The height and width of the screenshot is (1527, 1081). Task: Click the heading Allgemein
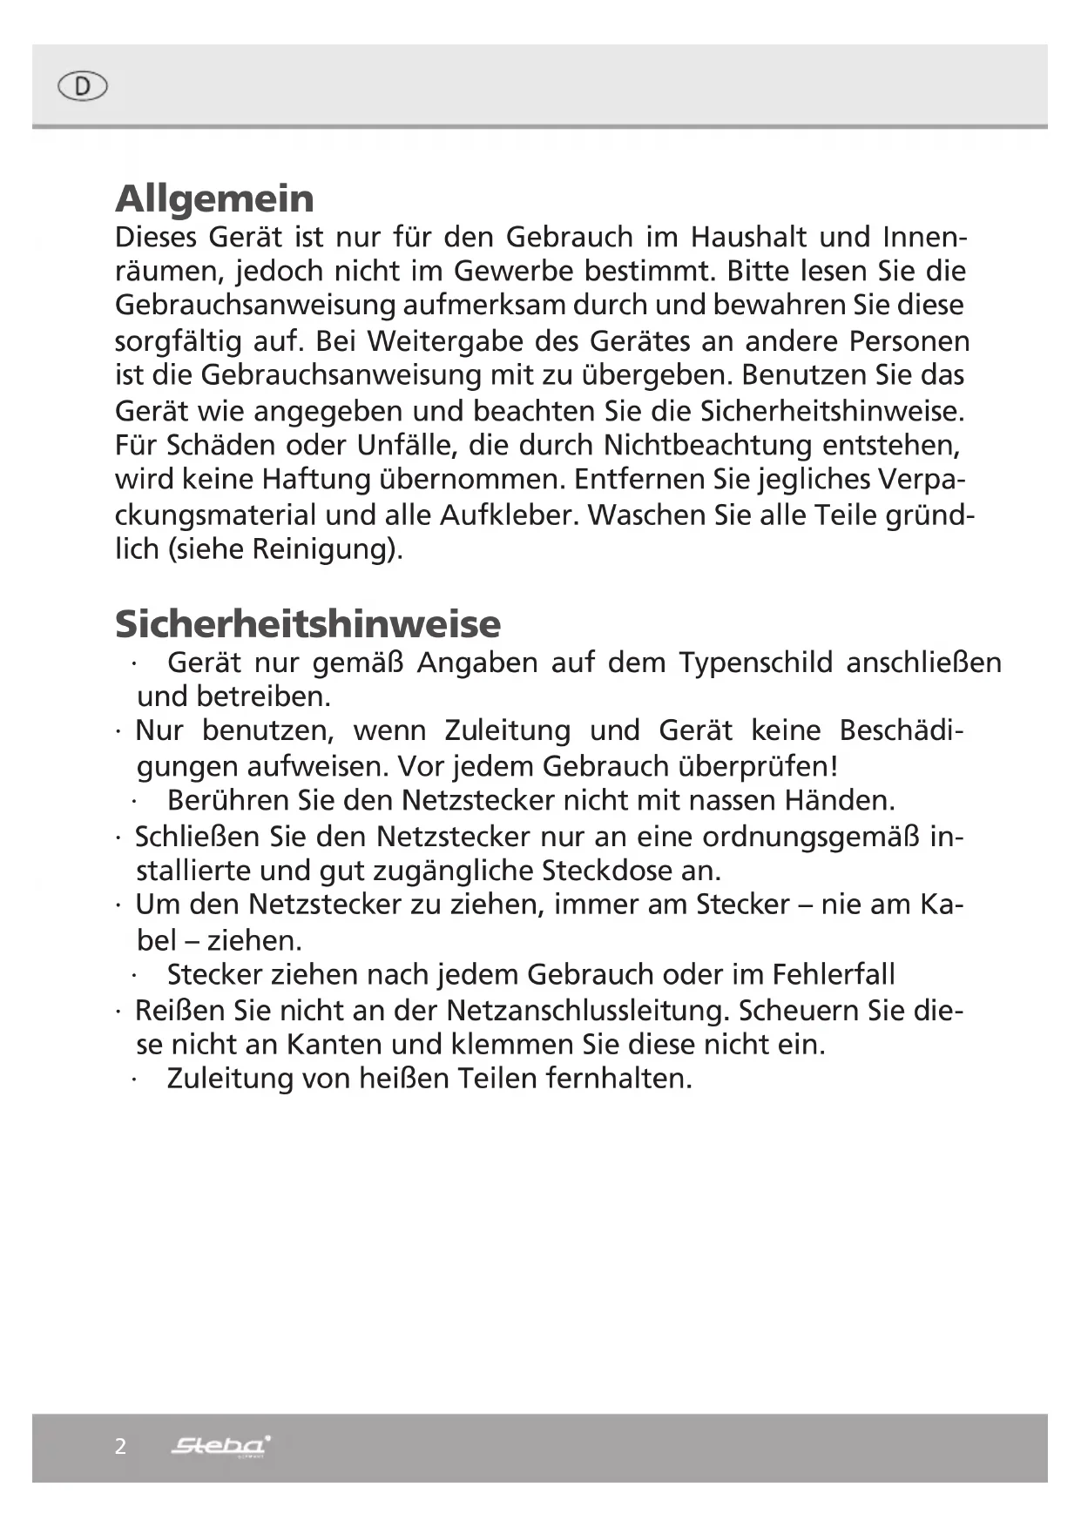coord(214,198)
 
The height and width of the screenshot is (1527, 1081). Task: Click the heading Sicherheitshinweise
coord(307,623)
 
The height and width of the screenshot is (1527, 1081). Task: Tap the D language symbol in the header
coord(82,86)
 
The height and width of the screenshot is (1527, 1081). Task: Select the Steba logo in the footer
coord(220,1446)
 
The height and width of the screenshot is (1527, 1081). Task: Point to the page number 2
coord(120,1447)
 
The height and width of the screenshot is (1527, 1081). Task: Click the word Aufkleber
coord(505,515)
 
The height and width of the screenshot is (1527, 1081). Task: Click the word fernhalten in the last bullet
coord(618,1079)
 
